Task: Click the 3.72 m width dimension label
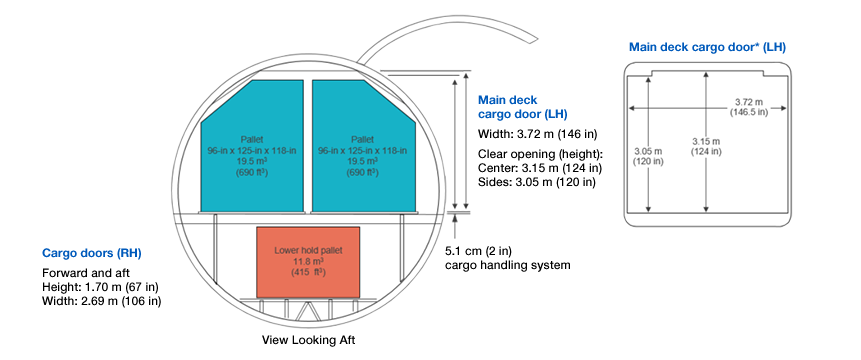point(740,102)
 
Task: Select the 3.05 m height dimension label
point(647,152)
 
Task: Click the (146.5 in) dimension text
point(740,113)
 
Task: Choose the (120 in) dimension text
point(647,163)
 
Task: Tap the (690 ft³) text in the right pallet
point(362,172)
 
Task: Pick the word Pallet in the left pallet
point(250,138)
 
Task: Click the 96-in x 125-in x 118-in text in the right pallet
point(362,149)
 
